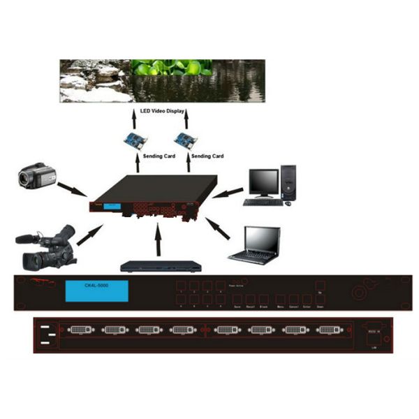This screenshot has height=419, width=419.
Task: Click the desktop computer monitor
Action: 263,183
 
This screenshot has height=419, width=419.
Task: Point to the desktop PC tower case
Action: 288,183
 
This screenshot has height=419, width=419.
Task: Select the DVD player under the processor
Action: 161,266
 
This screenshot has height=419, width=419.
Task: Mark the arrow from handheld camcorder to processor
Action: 73,189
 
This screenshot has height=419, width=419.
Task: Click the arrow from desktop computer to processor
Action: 227,192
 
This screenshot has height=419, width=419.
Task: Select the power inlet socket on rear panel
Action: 50,335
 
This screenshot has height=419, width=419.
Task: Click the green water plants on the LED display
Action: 171,68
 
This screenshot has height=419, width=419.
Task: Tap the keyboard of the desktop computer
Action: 263,203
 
